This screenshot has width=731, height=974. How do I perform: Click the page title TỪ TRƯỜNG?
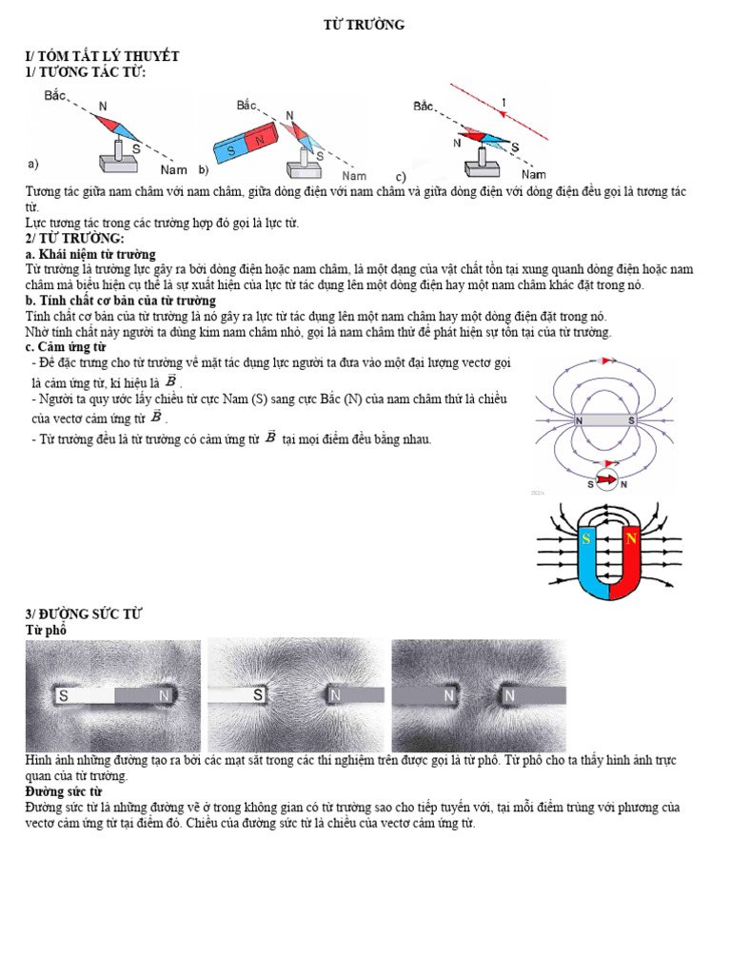click(x=365, y=25)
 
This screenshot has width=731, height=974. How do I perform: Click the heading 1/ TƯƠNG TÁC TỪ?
click(x=86, y=72)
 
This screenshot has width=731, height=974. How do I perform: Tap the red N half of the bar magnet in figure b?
click(x=260, y=139)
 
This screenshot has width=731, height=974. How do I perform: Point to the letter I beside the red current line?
click(x=504, y=104)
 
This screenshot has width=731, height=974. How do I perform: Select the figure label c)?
click(x=401, y=177)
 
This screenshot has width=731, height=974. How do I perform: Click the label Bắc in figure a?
click(x=56, y=95)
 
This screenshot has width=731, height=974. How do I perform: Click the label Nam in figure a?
click(x=173, y=169)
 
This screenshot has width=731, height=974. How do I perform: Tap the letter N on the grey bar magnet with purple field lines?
click(x=579, y=420)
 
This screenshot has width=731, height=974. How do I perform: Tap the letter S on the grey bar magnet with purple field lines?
click(x=631, y=420)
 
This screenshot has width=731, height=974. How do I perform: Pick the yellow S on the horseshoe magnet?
click(x=586, y=539)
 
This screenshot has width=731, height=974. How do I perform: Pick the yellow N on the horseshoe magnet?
click(x=630, y=539)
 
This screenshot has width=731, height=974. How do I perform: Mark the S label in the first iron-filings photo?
click(x=64, y=695)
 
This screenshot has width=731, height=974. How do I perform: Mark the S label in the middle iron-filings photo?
click(x=258, y=695)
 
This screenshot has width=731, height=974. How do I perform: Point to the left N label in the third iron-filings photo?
click(x=447, y=695)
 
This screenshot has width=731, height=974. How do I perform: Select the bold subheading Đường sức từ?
click(x=63, y=791)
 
